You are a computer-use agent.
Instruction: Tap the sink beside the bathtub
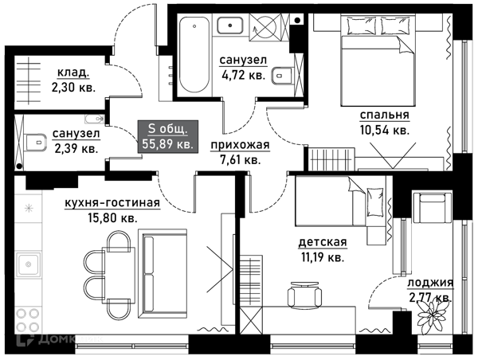(230, 25)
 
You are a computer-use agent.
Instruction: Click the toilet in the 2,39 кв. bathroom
(35, 142)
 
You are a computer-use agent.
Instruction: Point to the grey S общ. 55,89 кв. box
(168, 136)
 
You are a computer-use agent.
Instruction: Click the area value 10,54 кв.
(385, 131)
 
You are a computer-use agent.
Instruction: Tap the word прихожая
(241, 145)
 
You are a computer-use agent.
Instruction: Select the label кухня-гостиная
(112, 203)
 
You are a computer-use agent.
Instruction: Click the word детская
(323, 242)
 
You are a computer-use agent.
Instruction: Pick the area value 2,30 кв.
(73, 88)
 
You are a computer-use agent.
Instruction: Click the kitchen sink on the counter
(29, 264)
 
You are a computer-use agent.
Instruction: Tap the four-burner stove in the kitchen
(28, 320)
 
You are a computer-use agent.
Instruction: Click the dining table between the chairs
(120, 274)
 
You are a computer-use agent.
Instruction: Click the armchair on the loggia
(432, 207)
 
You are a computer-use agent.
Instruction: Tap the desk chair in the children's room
(304, 293)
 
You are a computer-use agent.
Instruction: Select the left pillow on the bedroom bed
(362, 25)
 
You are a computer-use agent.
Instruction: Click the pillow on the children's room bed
(375, 202)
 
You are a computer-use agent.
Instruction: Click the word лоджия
(430, 284)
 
